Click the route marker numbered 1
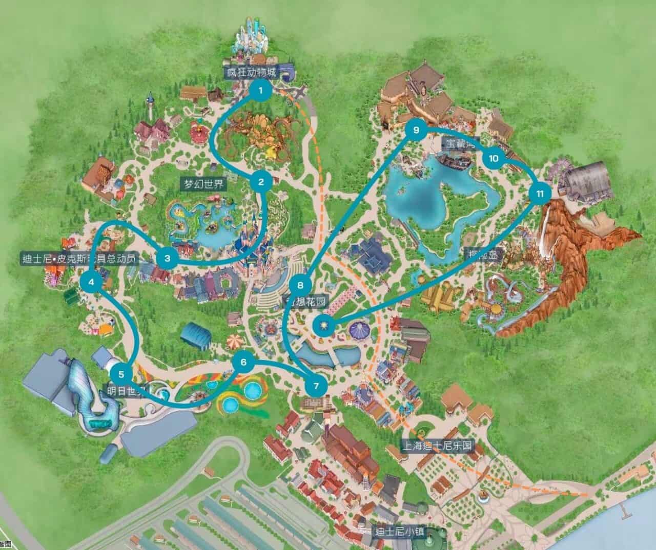(x=260, y=91)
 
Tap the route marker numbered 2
(x=261, y=181)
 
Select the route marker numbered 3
(x=167, y=258)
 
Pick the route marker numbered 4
(x=91, y=281)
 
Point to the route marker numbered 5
(x=121, y=374)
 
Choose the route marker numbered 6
(x=243, y=363)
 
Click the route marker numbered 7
(x=316, y=386)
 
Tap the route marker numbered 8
(x=300, y=285)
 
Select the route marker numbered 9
(x=416, y=130)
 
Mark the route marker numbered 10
(x=494, y=158)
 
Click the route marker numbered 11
(x=540, y=194)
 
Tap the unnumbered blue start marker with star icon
(x=324, y=325)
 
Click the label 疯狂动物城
(x=251, y=72)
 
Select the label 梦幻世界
(x=204, y=184)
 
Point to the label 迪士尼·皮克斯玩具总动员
(x=79, y=259)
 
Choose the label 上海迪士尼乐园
(x=437, y=445)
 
